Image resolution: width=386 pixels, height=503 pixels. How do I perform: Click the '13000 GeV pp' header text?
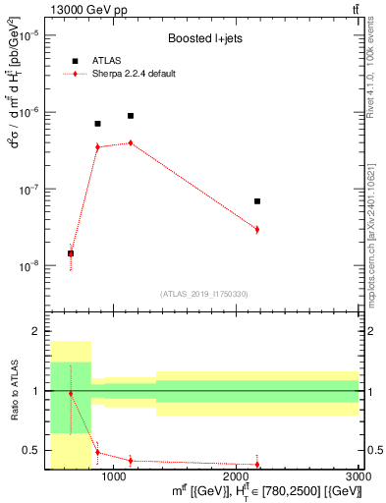pos(85,9)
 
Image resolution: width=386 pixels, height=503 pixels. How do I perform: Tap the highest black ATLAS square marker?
pos(131,116)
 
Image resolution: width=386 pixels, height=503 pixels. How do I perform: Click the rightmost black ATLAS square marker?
pos(256,201)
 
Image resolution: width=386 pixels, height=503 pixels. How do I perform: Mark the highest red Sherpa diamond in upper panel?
pos(131,142)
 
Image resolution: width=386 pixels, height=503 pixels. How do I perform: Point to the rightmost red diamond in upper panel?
pos(256,229)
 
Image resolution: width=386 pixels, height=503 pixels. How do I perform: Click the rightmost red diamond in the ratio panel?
pos(256,465)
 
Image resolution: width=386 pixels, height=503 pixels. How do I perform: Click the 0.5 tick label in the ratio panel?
pos(32,450)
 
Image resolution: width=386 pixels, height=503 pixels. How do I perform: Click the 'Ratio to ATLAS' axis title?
pos(14,392)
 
